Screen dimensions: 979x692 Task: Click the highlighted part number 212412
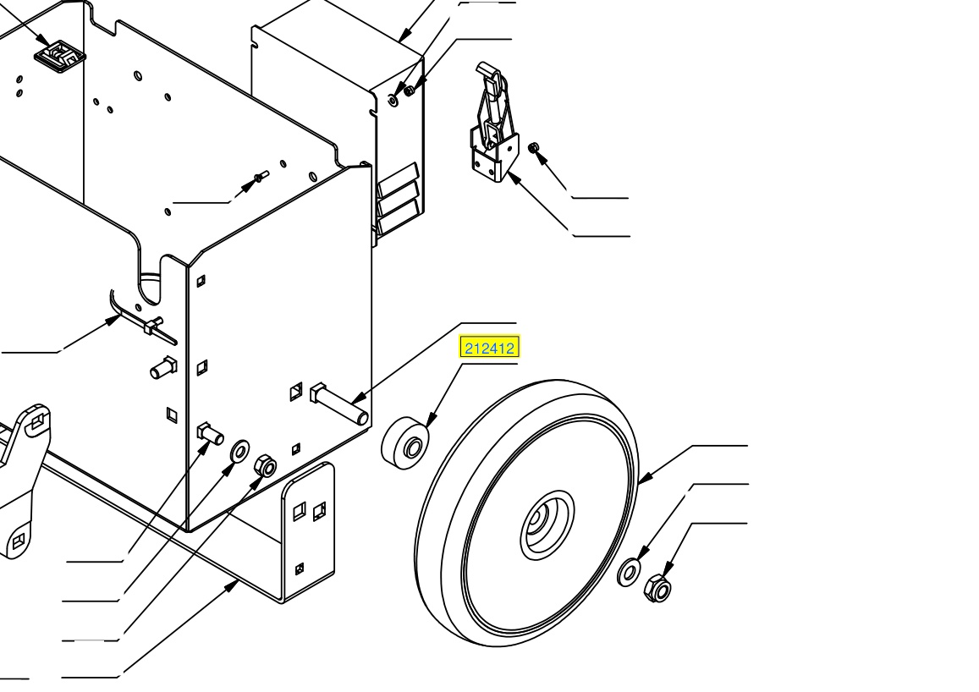pyautogui.click(x=489, y=348)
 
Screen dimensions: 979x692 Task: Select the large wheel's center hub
pyautogui.click(x=547, y=524)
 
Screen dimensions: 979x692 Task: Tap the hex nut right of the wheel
pyautogui.click(x=657, y=587)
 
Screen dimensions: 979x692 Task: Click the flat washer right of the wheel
pyautogui.click(x=628, y=572)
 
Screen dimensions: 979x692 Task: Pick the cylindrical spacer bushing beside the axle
pyautogui.click(x=406, y=442)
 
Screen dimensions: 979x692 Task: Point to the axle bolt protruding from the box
pyautogui.click(x=339, y=404)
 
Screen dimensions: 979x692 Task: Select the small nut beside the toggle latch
pyautogui.click(x=533, y=148)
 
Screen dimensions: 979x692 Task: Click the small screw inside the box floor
pyautogui.click(x=261, y=177)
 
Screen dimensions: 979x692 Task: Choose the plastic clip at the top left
pyautogui.click(x=59, y=56)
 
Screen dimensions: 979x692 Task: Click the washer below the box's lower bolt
pyautogui.click(x=239, y=451)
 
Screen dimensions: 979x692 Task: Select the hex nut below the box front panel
pyautogui.click(x=265, y=465)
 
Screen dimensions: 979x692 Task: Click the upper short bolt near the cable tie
pyautogui.click(x=163, y=367)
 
